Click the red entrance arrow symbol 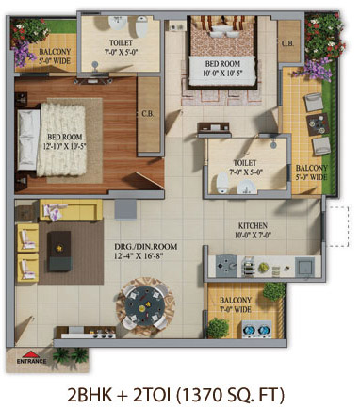[x=30, y=354]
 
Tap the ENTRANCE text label [x=31, y=362]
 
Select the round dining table [x=145, y=304]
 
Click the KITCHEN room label [x=253, y=225]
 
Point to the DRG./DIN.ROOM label [x=145, y=247]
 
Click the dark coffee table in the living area [x=58, y=251]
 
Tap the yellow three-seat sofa [x=71, y=209]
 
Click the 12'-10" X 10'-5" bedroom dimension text [x=64, y=146]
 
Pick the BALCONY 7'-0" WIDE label [x=236, y=304]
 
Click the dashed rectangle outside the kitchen [x=337, y=226]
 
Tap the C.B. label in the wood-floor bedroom [x=147, y=114]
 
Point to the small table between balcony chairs [x=319, y=124]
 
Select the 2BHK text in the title [x=90, y=395]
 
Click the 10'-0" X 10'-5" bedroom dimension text [x=222, y=74]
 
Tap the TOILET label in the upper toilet [x=121, y=42]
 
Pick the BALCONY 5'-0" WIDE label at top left [x=55, y=56]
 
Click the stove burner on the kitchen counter [x=226, y=266]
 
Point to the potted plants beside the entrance [x=71, y=356]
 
